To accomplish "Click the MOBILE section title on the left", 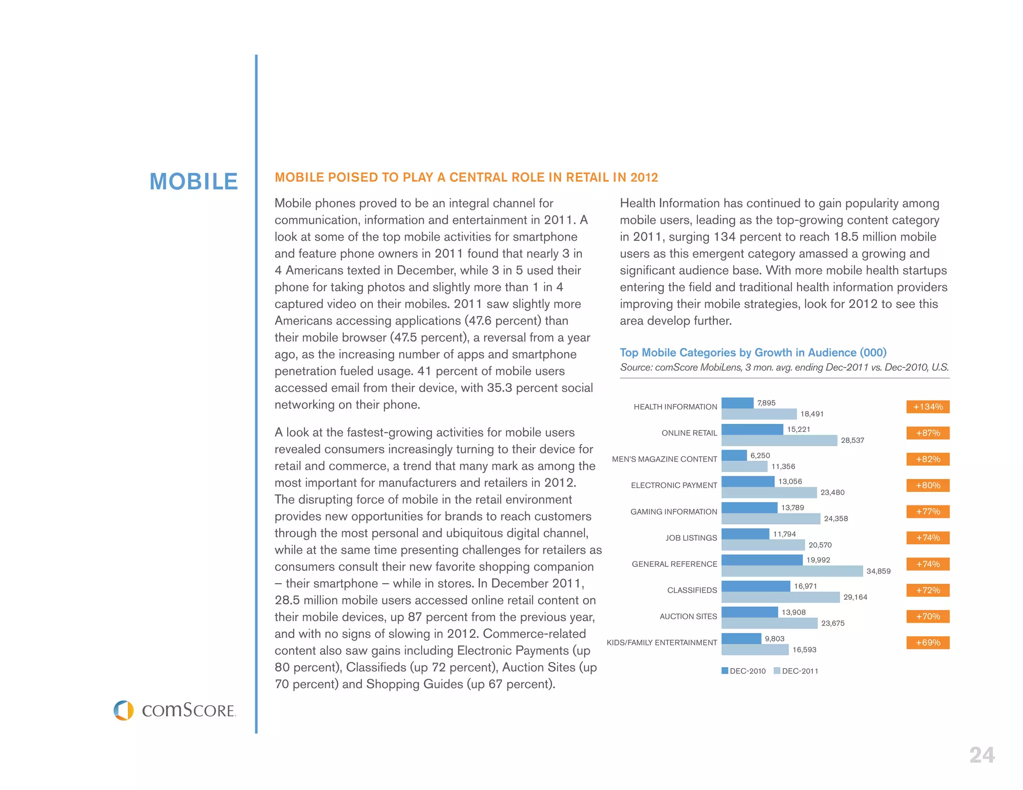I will tap(194, 181).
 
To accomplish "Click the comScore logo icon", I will tap(123, 710).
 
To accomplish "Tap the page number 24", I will tap(982, 755).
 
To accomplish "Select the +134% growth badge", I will tap(928, 406).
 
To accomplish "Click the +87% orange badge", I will tap(928, 433).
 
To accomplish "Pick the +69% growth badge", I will tap(928, 643).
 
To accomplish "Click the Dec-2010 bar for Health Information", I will tap(737, 403).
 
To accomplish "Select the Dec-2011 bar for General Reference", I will tap(792, 571).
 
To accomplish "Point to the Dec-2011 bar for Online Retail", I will tap(779, 440).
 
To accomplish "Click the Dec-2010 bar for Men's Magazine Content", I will tap(734, 455).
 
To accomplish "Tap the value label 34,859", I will tap(878, 571).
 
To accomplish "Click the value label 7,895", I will tap(766, 403).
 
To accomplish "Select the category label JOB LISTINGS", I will tap(691, 538).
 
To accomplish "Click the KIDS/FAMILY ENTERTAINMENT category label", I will tap(661, 643).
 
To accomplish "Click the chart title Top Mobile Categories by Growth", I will tap(753, 353).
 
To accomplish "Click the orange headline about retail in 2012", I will tap(466, 177).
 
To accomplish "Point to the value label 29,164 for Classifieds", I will tap(855, 597).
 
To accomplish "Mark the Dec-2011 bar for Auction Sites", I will tap(769, 623).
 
